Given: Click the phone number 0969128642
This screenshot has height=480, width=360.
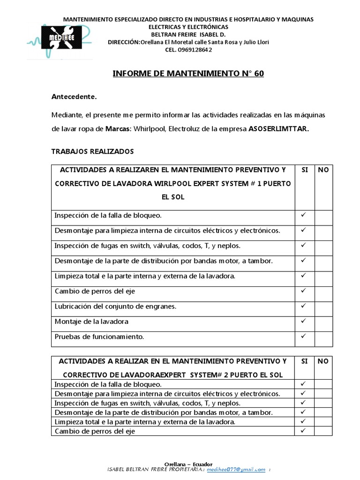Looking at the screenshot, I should tap(192, 50).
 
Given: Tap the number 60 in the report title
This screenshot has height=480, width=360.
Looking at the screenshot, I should tap(259, 74).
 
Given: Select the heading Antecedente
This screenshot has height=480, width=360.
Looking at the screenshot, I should tap(74, 97).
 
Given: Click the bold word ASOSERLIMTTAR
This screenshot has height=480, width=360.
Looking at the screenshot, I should tap(279, 129).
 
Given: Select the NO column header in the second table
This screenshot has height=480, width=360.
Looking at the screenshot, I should tap(323, 361).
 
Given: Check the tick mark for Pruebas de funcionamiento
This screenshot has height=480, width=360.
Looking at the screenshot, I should tap(304, 336).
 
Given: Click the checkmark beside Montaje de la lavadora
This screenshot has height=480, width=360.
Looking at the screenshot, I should tap(304, 321).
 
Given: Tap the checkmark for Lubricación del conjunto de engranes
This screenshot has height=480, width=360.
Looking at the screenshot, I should tap(304, 306).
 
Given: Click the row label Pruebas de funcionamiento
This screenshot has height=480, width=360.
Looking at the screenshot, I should tap(99, 337).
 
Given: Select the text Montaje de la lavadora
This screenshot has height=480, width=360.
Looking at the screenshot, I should tap(91, 322).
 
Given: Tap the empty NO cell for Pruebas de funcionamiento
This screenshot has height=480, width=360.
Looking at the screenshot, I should tap(323, 337).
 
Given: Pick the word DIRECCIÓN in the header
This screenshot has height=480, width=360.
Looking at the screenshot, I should tap(123, 42).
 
